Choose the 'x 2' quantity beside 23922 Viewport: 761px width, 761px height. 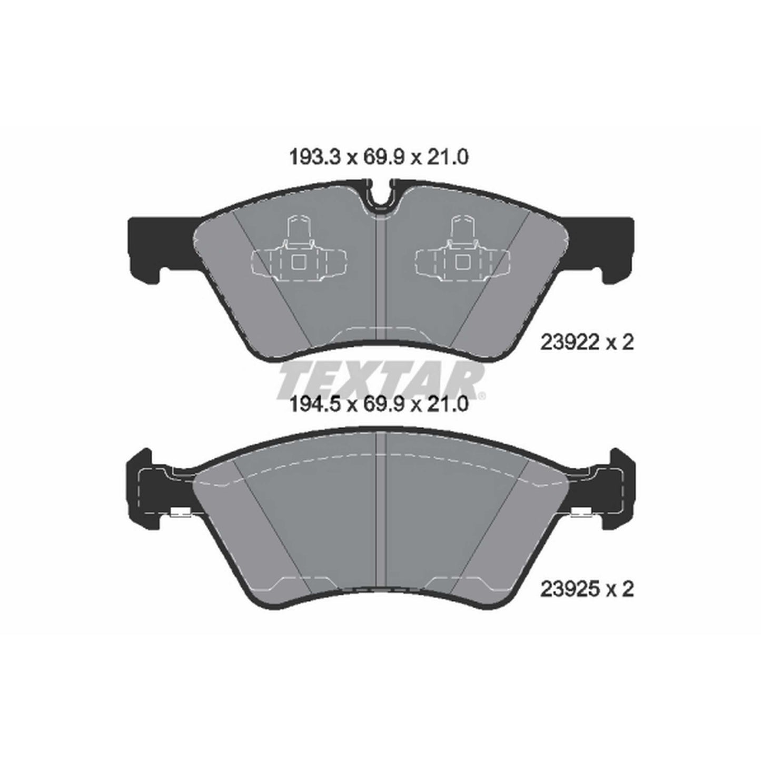[619, 343]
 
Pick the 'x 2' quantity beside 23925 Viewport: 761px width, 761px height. [619, 589]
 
